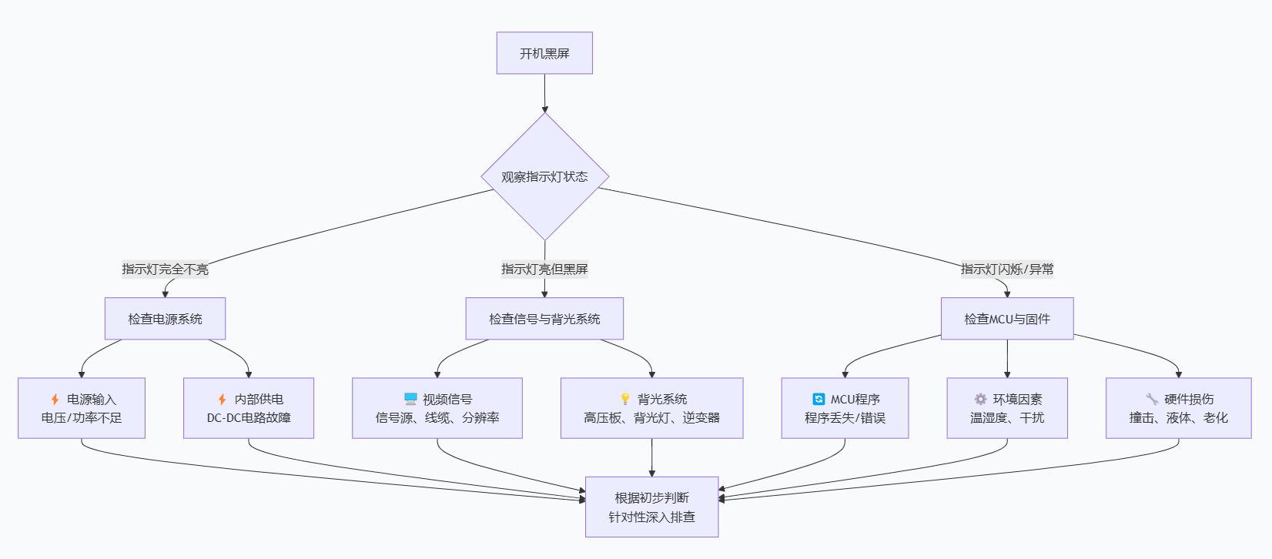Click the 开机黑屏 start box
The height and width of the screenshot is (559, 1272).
(x=544, y=53)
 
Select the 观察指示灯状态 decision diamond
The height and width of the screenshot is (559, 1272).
(x=544, y=176)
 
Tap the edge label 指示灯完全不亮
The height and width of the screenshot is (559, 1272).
(x=165, y=269)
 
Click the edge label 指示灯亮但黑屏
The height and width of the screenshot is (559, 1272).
(x=544, y=269)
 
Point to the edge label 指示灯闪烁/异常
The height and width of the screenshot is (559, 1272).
(x=1007, y=269)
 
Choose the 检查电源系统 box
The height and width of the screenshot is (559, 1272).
(x=165, y=319)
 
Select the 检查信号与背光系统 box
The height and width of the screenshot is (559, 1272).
(x=544, y=319)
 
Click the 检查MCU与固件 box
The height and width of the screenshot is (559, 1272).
(x=1007, y=319)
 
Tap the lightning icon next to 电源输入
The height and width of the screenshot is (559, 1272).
(x=55, y=399)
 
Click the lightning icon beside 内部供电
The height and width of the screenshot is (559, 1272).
(x=222, y=399)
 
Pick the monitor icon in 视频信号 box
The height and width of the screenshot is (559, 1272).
(x=410, y=399)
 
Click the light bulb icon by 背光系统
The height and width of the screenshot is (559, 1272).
(x=625, y=399)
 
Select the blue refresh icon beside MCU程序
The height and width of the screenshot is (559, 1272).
(x=818, y=399)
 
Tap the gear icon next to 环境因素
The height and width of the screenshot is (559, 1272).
(x=980, y=399)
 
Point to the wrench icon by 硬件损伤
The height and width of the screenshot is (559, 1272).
(x=1152, y=399)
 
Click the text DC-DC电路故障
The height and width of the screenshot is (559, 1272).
(x=249, y=417)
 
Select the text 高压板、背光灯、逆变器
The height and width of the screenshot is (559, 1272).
(x=651, y=417)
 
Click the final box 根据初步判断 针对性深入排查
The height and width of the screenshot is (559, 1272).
(x=651, y=507)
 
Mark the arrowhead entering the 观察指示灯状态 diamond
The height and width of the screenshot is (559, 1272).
(x=544, y=109)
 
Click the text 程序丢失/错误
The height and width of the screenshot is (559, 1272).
(x=845, y=417)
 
